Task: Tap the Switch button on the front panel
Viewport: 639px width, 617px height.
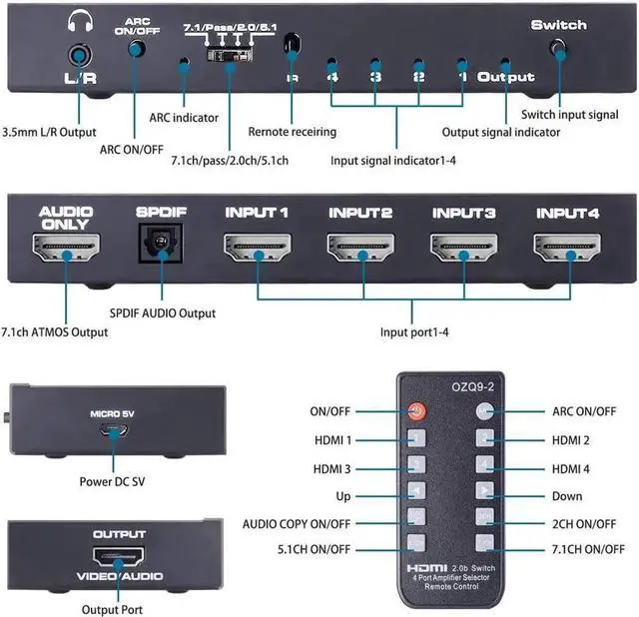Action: [x=558, y=48]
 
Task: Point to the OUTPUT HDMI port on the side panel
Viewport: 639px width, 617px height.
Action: [x=119, y=559]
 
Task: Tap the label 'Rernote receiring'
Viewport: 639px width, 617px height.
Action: [x=292, y=132]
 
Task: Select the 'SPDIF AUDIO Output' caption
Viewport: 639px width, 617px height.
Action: [x=162, y=313]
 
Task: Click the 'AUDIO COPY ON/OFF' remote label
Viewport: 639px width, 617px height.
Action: [x=297, y=523]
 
